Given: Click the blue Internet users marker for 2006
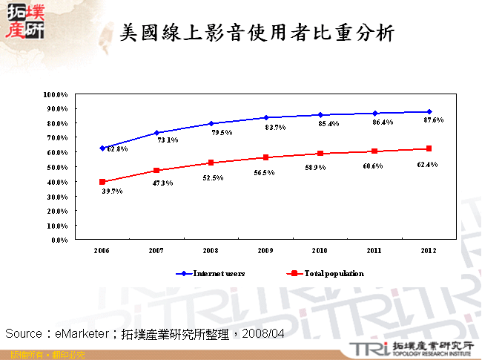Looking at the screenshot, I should click(102, 148).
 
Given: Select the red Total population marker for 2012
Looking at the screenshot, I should click(429, 148).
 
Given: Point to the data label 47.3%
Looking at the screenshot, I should click(165, 182).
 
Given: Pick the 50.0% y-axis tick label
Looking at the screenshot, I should click(56, 167).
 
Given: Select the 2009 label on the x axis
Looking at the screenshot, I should click(265, 251).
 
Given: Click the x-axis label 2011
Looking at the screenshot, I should click(374, 251).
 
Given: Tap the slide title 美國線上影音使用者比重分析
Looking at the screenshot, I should click(257, 33).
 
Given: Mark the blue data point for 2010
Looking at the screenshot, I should click(320, 115).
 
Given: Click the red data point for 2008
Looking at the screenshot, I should click(211, 163).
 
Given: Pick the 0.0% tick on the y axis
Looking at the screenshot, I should click(59, 240).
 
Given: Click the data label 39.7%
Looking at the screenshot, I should click(112, 192).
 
